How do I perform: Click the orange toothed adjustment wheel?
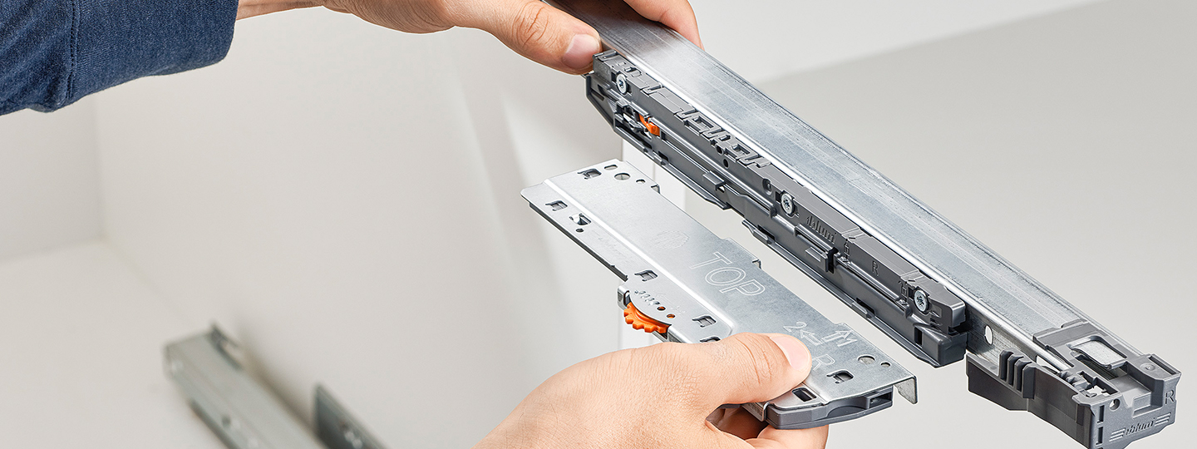[x=644, y=319]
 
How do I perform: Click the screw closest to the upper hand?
[x=622, y=82]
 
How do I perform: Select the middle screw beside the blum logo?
[x=786, y=202]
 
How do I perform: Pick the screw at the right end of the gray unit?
[x=921, y=299]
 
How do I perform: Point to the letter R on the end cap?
[x=1170, y=397]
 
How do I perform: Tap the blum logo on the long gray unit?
[x=820, y=229]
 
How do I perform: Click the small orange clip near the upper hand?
[x=649, y=126]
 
